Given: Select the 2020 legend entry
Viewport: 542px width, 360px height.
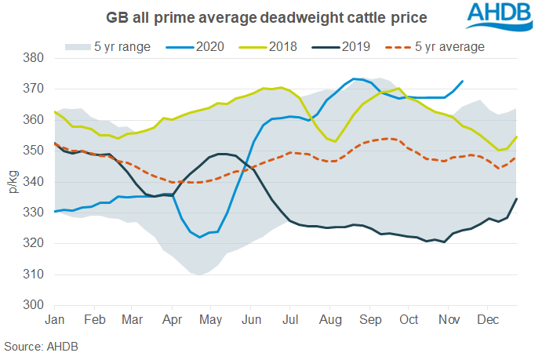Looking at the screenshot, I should pyautogui.click(x=195, y=46).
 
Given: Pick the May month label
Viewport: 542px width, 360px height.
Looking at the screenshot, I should pyautogui.click(x=209, y=320).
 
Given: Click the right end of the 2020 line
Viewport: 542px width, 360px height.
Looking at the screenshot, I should pyautogui.click(x=463, y=81).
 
